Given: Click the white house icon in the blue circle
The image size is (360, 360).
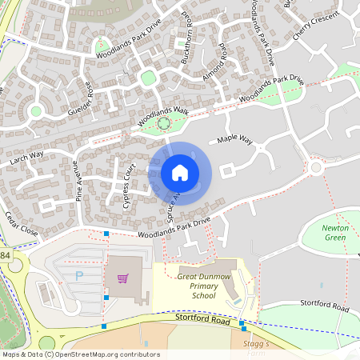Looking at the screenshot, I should pyautogui.click(x=179, y=172).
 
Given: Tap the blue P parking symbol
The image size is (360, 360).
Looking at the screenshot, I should pyautogui.click(x=78, y=276).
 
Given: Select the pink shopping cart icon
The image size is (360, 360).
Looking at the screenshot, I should pyautogui.click(x=122, y=278).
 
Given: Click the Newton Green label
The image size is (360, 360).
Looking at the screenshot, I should pyautogui.click(x=335, y=232).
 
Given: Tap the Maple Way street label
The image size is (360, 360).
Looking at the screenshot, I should pyautogui.click(x=235, y=140).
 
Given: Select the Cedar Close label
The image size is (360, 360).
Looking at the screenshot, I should pyautogui.click(x=21, y=223).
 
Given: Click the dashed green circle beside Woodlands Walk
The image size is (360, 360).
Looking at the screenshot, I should pyautogui.click(x=164, y=122).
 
